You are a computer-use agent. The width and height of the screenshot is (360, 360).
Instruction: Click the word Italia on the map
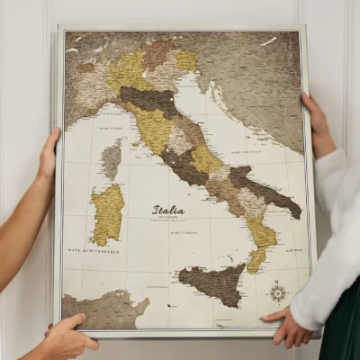point(168,209)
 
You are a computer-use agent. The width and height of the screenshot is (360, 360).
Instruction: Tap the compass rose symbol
point(278,292)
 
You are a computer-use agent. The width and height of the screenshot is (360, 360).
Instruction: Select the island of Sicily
point(214,284)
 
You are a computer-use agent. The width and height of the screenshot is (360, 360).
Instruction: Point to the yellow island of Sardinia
point(108,213)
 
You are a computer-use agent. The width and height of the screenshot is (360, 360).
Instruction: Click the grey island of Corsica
point(111,161)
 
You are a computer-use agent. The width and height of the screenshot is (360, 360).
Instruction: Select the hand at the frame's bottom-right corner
point(288,328)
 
